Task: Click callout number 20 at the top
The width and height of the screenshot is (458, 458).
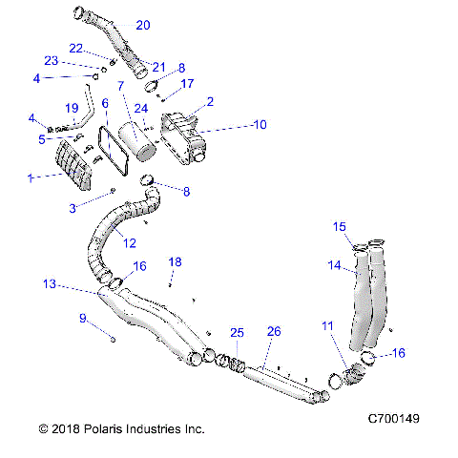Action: point(143,25)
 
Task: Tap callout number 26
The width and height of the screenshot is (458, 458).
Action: point(273,331)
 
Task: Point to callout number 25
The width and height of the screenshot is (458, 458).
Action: point(237,332)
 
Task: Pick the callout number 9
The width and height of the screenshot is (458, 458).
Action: point(83,318)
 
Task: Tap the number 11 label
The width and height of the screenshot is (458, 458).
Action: point(327,326)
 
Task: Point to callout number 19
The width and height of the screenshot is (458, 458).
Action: point(72,107)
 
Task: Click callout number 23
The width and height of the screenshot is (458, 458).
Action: point(77,60)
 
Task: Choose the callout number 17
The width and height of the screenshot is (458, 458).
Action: point(187,83)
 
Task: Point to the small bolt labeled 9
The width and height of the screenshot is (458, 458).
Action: point(114,337)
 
